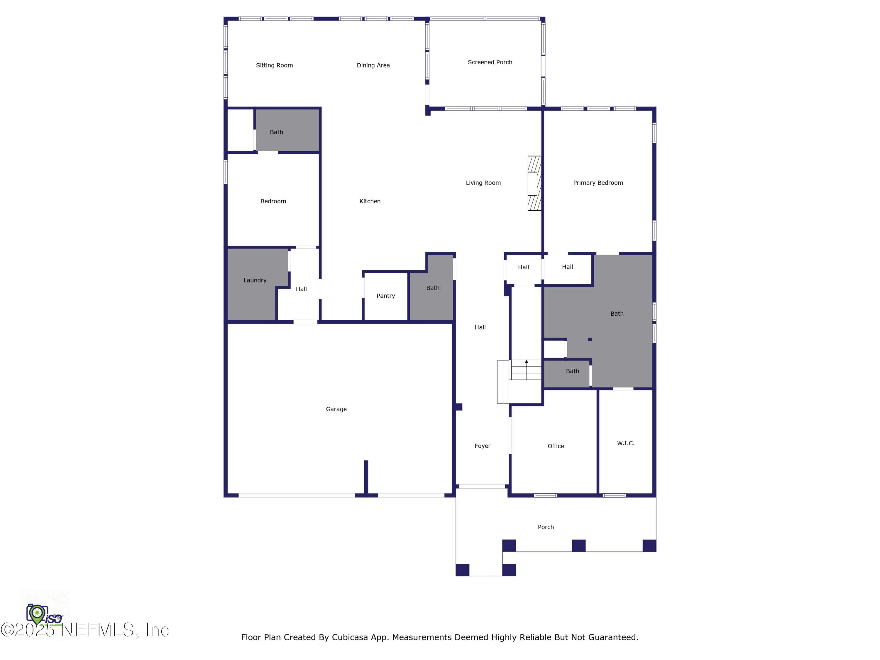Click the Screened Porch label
[490, 62]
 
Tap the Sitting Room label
[274, 65]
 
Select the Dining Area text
[373, 65]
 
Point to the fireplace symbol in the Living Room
[534, 183]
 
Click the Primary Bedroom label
[598, 183]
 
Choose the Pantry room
[385, 296]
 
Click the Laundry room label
[255, 280]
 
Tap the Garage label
[336, 409]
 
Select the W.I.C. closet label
[625, 443]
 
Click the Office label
[555, 446]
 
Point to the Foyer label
[482, 446]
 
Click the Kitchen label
[370, 201]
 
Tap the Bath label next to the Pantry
[432, 288]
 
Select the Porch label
[545, 527]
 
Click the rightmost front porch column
[649, 545]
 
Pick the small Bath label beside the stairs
[572, 371]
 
